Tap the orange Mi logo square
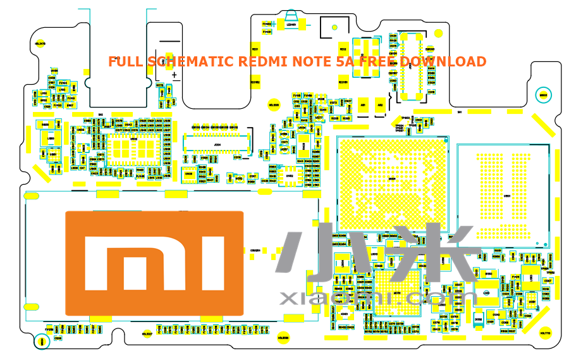[154, 263]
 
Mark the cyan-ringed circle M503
[542, 96]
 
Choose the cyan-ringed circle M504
[42, 342]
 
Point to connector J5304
[217, 144]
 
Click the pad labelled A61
[363, 105]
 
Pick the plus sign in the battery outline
[175, 75]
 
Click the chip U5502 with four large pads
[366, 58]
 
